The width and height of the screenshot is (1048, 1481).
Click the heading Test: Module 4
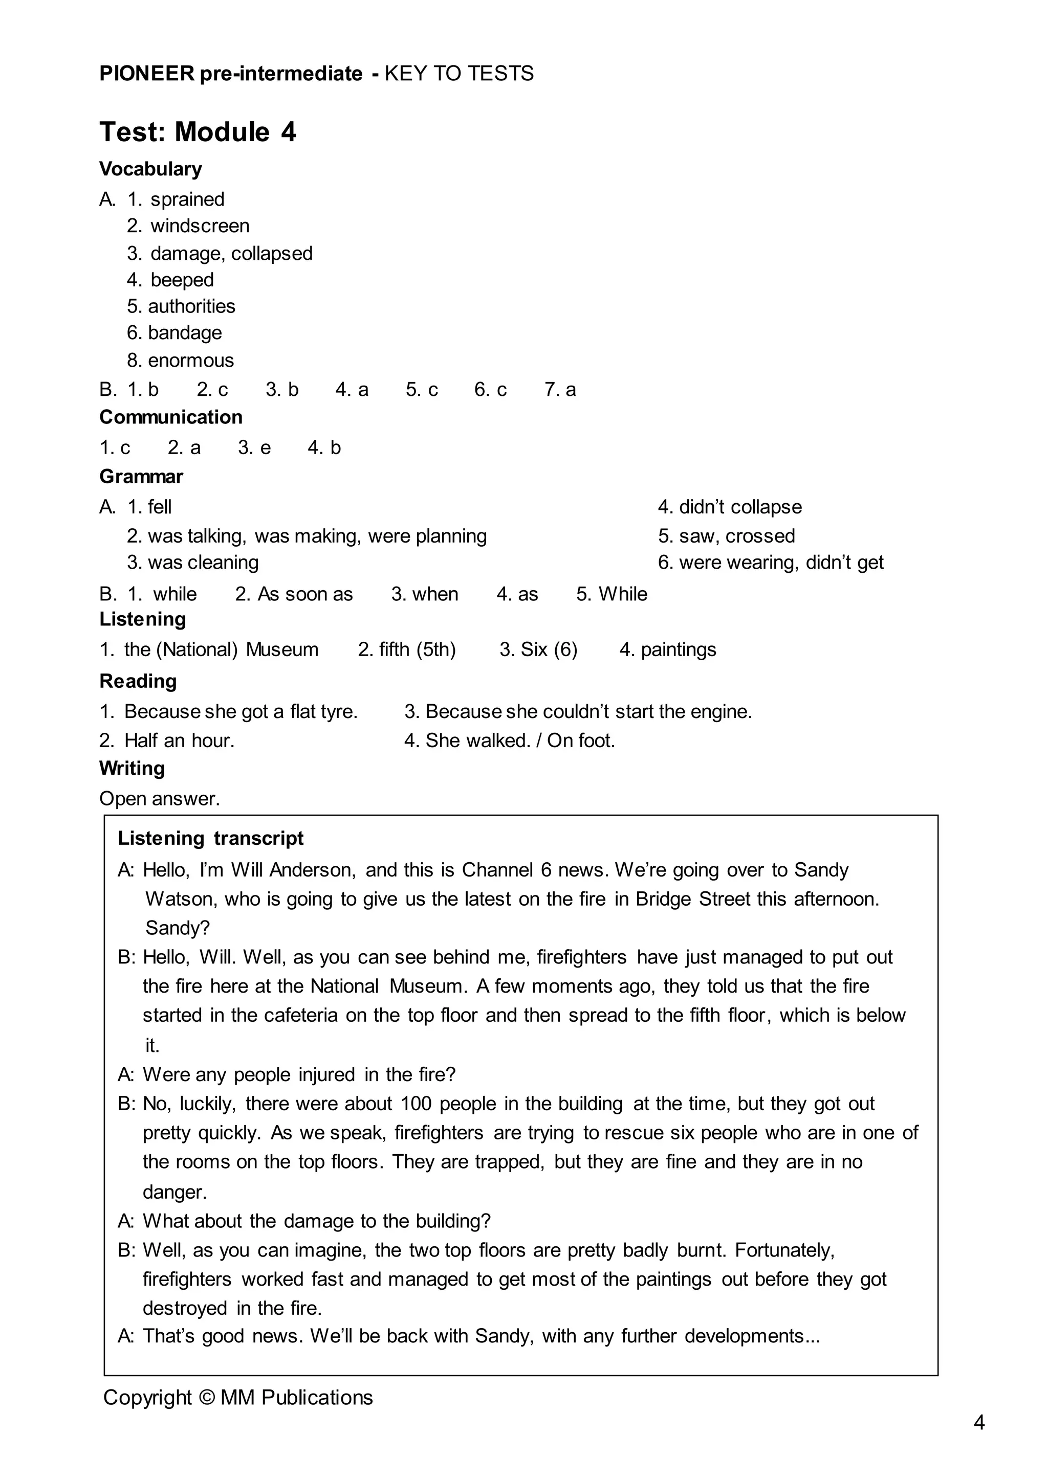click(198, 132)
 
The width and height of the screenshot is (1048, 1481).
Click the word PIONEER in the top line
click(146, 74)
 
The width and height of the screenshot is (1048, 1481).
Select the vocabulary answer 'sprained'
click(187, 199)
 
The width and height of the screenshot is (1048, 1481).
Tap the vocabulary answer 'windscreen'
click(200, 226)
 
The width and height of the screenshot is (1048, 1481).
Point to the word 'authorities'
click(192, 306)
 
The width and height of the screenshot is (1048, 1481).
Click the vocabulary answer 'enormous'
click(190, 360)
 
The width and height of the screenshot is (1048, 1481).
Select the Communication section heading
click(171, 417)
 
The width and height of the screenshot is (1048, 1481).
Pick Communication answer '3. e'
click(254, 447)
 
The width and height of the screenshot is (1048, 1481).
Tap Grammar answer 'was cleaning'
click(203, 562)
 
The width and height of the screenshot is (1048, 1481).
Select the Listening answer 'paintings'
click(678, 649)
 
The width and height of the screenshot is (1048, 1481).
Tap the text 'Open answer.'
click(159, 799)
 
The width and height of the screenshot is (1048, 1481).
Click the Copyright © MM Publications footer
click(238, 1397)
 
